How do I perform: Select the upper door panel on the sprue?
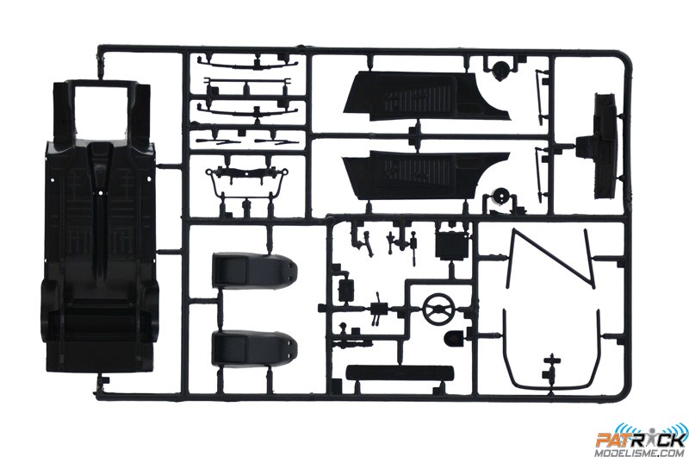(x=426, y=97)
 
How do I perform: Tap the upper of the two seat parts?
(x=255, y=269)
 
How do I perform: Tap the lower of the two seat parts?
(x=255, y=349)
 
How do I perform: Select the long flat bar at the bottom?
(x=400, y=373)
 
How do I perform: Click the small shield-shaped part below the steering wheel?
(x=455, y=338)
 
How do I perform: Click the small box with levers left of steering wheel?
(x=377, y=310)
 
